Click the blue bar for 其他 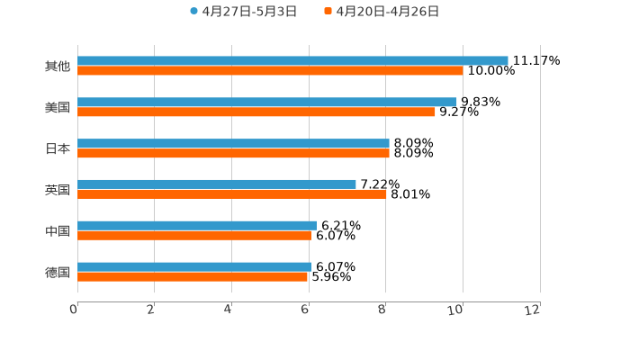point(292,60)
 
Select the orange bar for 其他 point(270,70)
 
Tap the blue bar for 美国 point(267,102)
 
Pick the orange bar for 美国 point(256,112)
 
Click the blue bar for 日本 point(233,143)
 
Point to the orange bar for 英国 point(231,193)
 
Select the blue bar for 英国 point(216,184)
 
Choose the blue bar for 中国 point(196,225)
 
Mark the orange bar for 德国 point(193,276)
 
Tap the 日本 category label point(58,148)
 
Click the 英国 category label point(58,190)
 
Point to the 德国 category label point(58,272)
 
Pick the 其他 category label point(58,66)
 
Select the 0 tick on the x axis point(75,310)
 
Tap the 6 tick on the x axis point(306,310)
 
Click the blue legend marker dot point(193,12)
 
